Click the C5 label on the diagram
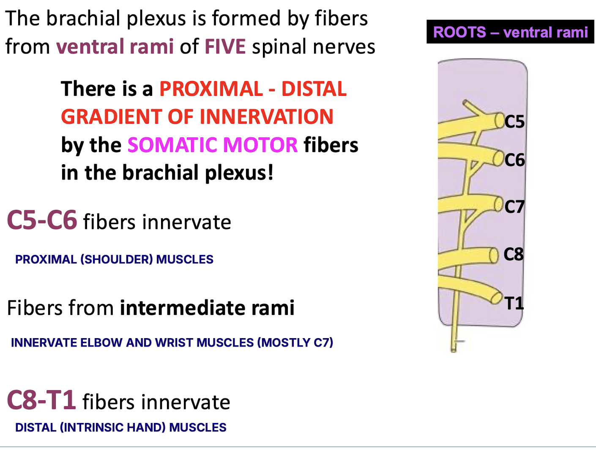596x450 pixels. [x=514, y=122]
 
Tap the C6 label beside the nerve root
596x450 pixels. [x=514, y=160]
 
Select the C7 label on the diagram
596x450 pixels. [x=514, y=207]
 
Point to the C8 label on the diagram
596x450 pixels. [x=514, y=254]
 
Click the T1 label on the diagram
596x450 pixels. [x=514, y=303]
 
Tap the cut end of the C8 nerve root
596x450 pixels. [x=494, y=255]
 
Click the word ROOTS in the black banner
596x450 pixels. [x=459, y=32]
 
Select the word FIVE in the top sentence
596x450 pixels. [x=225, y=46]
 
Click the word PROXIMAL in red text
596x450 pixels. [x=211, y=89]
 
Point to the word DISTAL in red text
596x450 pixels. [x=314, y=89]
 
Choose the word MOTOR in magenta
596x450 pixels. [x=260, y=145]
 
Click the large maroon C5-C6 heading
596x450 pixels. [x=42, y=220]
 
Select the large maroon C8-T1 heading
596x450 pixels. [x=41, y=400]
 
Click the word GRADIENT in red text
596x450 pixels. [x=112, y=117]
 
